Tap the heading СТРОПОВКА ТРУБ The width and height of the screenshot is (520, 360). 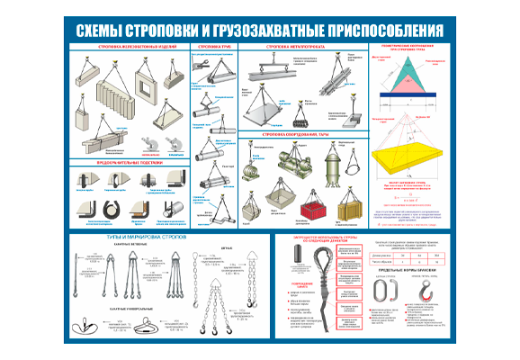pos(212,45)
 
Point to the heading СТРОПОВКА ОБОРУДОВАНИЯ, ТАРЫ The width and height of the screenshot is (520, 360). pos(303,135)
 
